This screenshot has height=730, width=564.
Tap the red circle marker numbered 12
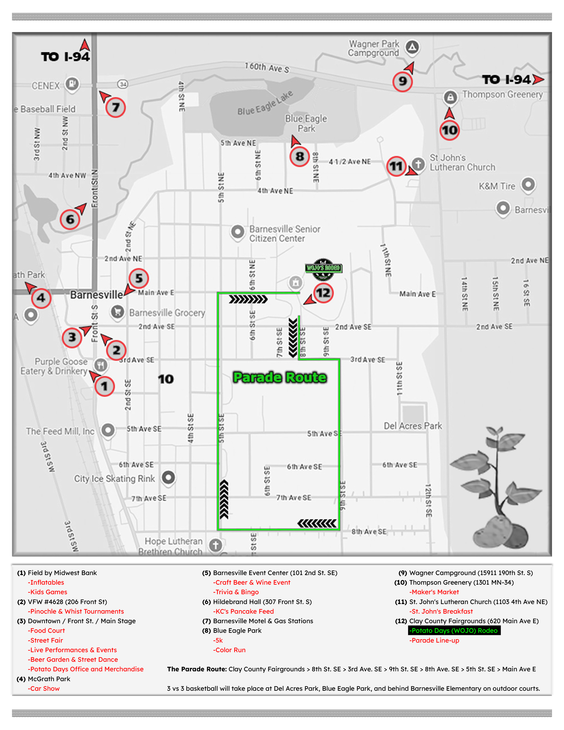(x=323, y=293)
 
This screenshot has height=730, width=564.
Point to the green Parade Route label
(x=280, y=377)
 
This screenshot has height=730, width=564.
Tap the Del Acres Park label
(x=413, y=426)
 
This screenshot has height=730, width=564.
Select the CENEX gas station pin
(x=72, y=83)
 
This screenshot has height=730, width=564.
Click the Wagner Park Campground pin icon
(x=412, y=47)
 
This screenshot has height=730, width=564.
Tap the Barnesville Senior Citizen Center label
(x=285, y=234)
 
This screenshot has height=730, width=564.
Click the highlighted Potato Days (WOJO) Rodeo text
(x=454, y=630)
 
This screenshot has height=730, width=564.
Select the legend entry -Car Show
(x=44, y=688)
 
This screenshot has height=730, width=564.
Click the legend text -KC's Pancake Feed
(x=243, y=611)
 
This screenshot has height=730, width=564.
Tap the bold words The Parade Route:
(x=197, y=669)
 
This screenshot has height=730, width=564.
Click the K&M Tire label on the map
(x=497, y=186)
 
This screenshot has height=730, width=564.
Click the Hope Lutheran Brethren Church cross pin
(x=215, y=545)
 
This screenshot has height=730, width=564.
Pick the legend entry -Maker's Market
(x=434, y=592)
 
